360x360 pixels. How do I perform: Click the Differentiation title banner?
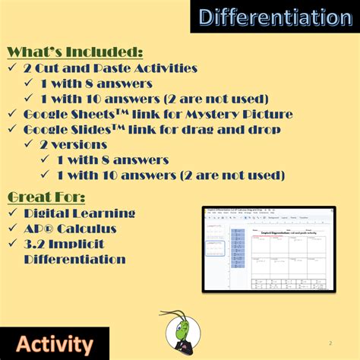tap(270, 18)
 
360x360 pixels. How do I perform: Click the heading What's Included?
tap(75, 52)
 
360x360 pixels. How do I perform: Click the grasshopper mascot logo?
tap(179, 332)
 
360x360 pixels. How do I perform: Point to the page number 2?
tap(330, 343)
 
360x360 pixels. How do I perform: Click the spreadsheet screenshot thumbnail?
tap(268, 248)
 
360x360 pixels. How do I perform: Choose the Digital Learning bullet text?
tap(80, 213)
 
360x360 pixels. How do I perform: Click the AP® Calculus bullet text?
tap(70, 229)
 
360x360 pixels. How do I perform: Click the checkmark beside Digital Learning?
tap(13, 213)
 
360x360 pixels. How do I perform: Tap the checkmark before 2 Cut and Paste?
tap(13, 68)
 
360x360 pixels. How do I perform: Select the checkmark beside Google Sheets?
tap(13, 114)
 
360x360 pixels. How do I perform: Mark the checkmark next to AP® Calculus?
tap(13, 229)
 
